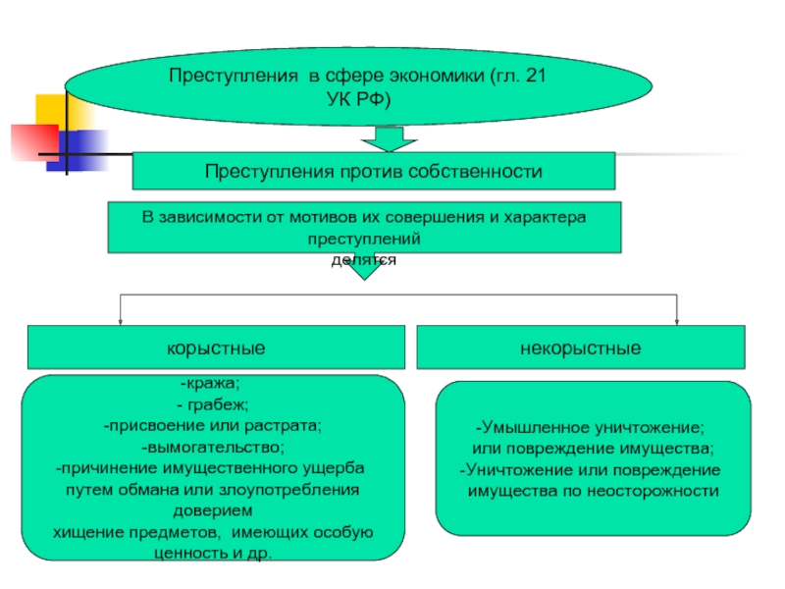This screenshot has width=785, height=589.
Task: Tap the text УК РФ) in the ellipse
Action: pyautogui.click(x=358, y=99)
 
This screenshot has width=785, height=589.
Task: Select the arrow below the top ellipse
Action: pyautogui.click(x=389, y=138)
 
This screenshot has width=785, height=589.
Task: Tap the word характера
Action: pyautogui.click(x=545, y=217)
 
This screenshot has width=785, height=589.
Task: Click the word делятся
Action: pyautogui.click(x=364, y=260)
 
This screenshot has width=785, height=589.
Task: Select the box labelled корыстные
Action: pyautogui.click(x=216, y=348)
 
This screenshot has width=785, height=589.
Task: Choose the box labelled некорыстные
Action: pyautogui.click(x=581, y=348)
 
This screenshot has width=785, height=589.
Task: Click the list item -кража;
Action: pyautogui.click(x=210, y=383)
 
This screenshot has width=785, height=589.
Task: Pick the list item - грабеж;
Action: pyautogui.click(x=213, y=404)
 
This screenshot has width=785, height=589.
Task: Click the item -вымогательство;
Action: pyautogui.click(x=213, y=447)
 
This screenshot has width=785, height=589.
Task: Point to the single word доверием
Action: pyautogui.click(x=213, y=510)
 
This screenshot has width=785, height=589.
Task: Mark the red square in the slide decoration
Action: pyautogui.click(x=34, y=142)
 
